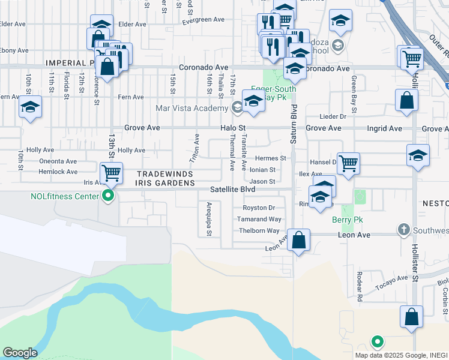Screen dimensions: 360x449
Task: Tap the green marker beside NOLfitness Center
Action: [108, 196]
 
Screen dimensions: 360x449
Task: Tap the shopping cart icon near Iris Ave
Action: [111, 173]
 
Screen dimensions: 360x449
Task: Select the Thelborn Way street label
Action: [259, 231]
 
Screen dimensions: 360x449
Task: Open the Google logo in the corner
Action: [20, 353]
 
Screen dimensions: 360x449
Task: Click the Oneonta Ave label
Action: [58, 161]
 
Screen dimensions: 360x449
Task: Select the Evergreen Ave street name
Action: [203, 20]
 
